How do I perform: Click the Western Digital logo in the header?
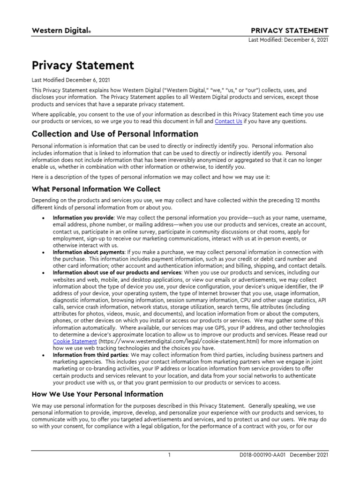coord(61,30)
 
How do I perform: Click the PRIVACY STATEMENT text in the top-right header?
coord(290,30)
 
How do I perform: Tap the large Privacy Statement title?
coord(82,65)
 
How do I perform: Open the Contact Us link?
coord(228,121)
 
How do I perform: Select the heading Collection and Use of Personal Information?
coord(115,134)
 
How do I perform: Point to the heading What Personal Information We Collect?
coord(96,189)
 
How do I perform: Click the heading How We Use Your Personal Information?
coord(97,394)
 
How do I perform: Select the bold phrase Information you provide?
coord(83,218)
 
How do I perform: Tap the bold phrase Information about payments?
coord(89,252)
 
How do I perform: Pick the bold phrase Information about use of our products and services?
coord(117,272)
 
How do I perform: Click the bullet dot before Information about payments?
coord(43,252)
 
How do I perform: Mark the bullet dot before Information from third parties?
coord(43,355)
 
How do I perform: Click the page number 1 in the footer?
coord(170,455)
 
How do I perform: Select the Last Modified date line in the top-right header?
coord(288,40)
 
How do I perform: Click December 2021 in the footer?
coord(310,455)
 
